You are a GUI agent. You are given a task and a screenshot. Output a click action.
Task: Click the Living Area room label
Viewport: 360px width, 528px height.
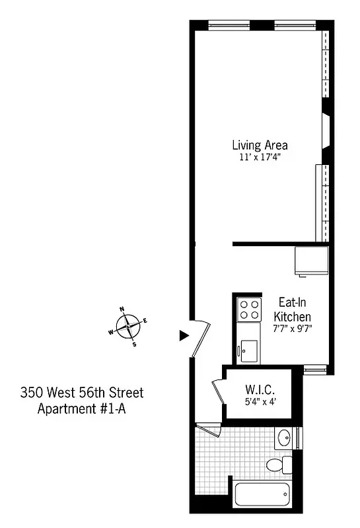(x=259, y=145)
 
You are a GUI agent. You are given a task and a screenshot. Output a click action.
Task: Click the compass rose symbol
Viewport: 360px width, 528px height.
(x=127, y=325)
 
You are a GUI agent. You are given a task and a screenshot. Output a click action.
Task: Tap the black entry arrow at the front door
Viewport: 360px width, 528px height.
(x=184, y=335)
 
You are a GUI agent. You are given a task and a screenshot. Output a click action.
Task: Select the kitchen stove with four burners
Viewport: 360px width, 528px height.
(x=250, y=310)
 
